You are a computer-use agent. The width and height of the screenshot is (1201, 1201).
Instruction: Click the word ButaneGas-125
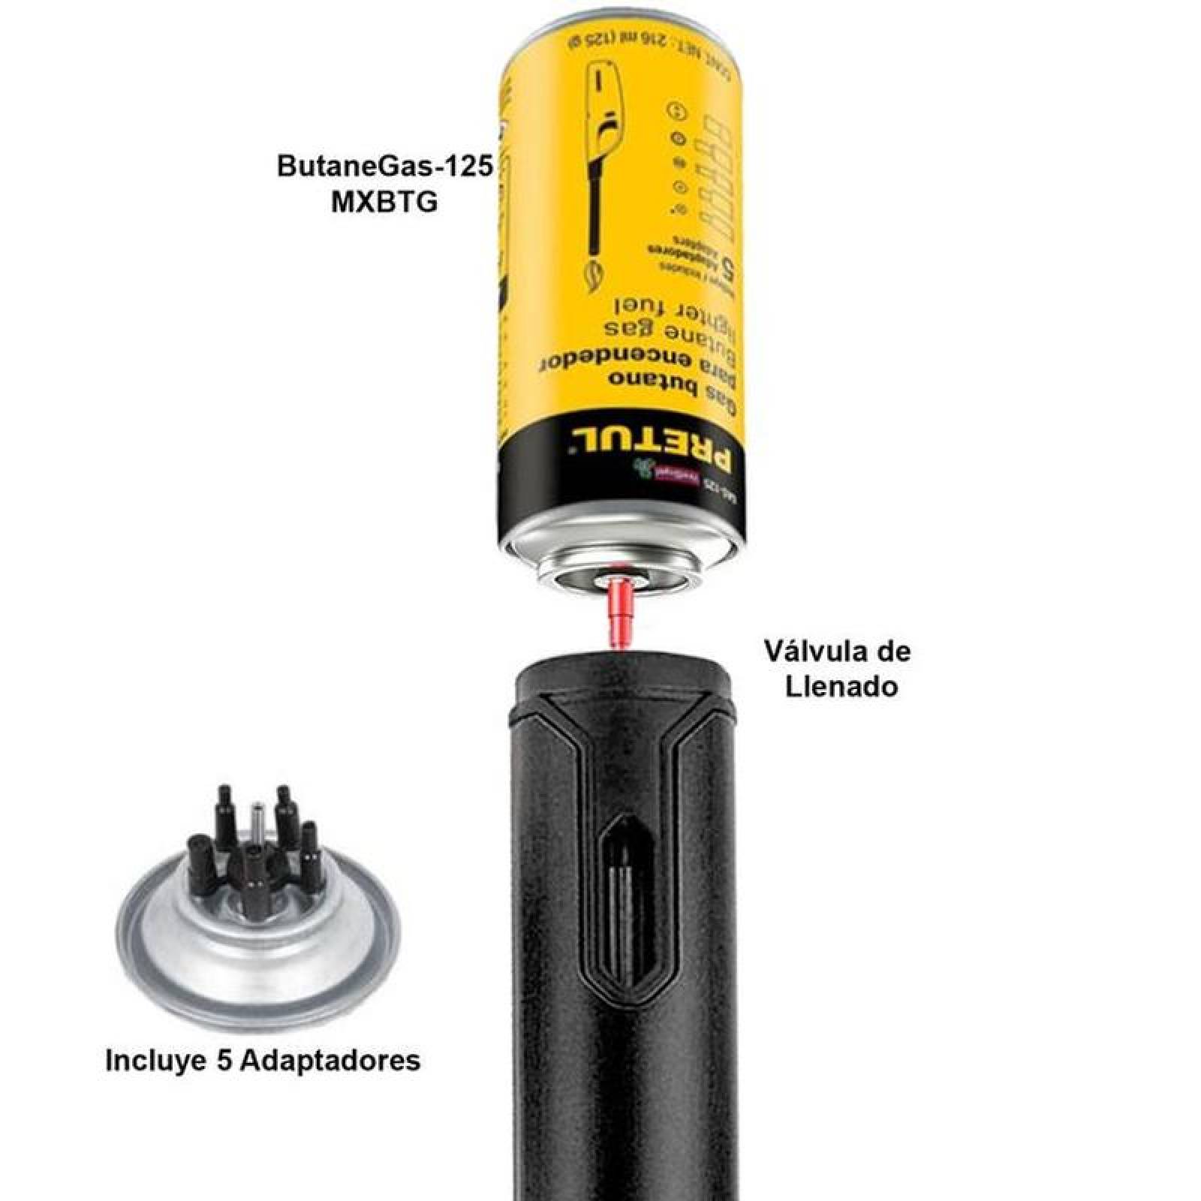pos(385,166)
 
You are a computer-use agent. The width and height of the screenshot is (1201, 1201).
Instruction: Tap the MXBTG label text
pos(384,202)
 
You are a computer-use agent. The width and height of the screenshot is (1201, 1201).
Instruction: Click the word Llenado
pos(841,686)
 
